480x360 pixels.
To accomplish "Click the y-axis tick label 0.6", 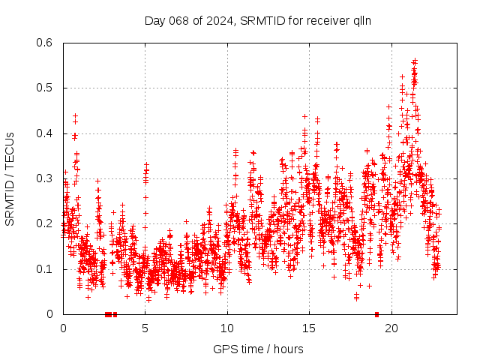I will point(45,43).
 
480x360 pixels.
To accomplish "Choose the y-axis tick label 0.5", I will point(45,88).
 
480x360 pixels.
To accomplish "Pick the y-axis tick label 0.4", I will point(45,133).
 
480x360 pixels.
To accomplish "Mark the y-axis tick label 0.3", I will point(45,178).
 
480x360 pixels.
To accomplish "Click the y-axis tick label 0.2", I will point(45,223).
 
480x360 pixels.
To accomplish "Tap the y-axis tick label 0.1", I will point(45,269).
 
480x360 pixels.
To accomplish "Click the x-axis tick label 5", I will point(145,328).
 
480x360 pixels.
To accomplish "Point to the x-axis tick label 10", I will point(227,328).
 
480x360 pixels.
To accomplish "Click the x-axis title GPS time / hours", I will point(258,349).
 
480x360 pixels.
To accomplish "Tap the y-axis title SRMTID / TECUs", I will point(10,179).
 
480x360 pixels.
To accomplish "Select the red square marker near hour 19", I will point(376,314).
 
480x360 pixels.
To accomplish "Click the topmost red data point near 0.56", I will point(415,61).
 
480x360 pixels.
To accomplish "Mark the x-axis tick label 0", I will point(63,328).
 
